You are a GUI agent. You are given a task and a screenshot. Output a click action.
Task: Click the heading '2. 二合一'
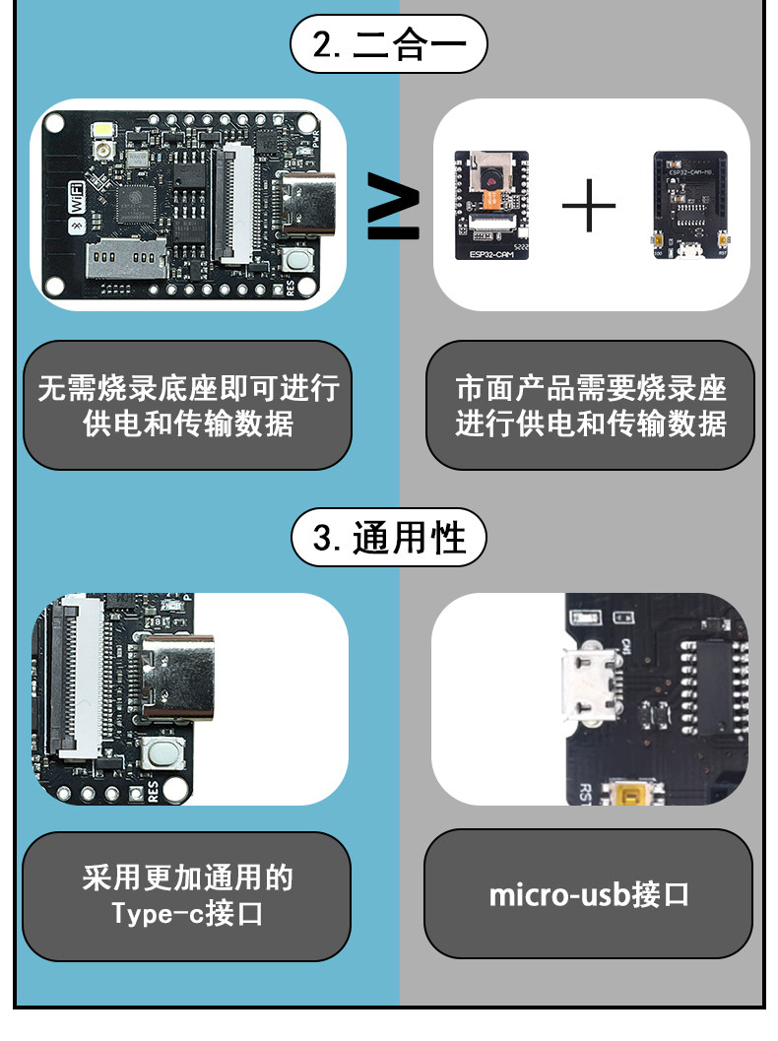[x=389, y=46]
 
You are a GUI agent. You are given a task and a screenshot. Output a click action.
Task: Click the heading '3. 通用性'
[x=389, y=539]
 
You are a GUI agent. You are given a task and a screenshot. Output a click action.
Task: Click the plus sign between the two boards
[x=589, y=206]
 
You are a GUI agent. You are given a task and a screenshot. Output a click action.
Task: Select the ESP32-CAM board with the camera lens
[x=490, y=205]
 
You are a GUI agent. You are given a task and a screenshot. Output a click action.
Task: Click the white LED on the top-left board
[x=102, y=131]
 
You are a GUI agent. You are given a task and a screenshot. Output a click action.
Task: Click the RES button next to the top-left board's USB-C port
[x=297, y=260]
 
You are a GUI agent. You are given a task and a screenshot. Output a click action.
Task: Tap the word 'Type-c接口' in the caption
[x=187, y=913]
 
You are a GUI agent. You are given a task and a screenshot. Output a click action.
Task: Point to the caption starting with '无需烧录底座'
[x=187, y=405]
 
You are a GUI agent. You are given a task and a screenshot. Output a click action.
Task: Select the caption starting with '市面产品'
[x=590, y=405]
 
